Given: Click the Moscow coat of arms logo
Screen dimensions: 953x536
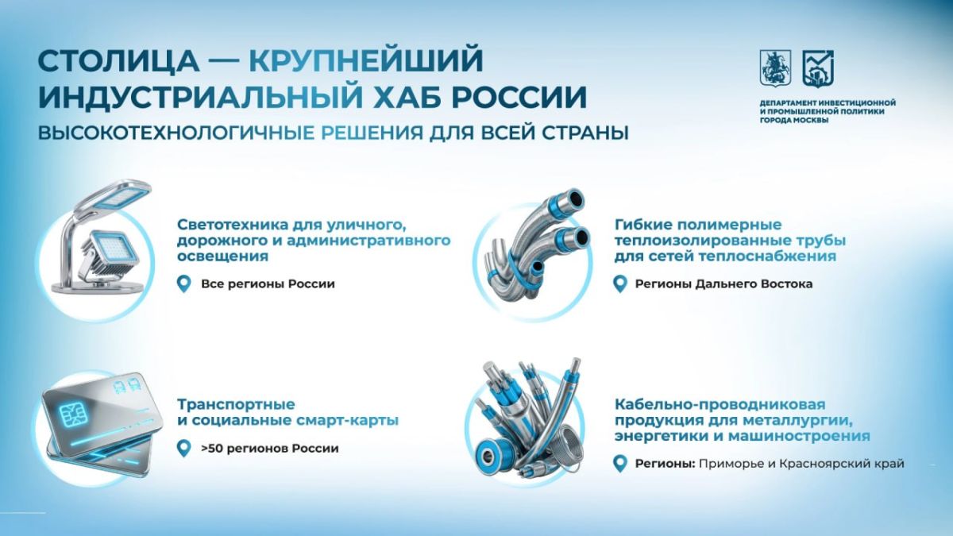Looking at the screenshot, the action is tap(776, 69).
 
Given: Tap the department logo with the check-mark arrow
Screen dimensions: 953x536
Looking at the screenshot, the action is tap(818, 69).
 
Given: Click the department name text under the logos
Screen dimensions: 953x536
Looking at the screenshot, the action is tap(828, 111).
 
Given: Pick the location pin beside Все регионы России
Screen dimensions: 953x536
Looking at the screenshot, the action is tap(183, 283).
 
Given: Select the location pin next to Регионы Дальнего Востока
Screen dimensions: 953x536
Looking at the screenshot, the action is tap(620, 283).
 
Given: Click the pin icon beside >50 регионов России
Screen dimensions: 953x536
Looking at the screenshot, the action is tap(183, 449).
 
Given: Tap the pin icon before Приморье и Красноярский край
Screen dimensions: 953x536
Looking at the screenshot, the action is tap(620, 464).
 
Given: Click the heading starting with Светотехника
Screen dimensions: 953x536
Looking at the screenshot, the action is tap(314, 241).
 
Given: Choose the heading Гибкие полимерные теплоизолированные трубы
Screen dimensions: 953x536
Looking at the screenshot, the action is tap(730, 241).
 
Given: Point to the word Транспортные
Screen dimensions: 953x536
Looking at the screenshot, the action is tap(236, 403).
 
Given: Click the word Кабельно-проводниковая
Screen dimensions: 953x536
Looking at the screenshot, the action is tap(720, 403).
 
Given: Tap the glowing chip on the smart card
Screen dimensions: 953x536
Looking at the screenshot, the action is tap(71, 415).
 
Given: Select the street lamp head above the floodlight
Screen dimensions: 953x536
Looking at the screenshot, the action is tap(118, 195).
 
